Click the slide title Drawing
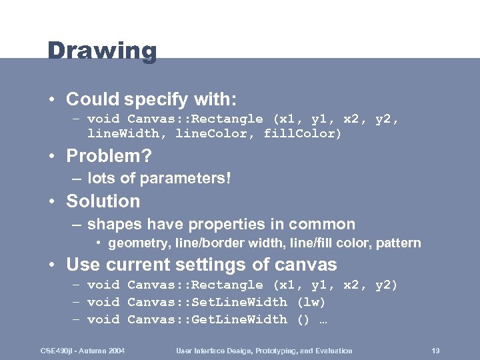pyautogui.click(x=102, y=51)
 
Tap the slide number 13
pyautogui.click(x=436, y=351)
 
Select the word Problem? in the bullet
pyautogui.click(x=109, y=157)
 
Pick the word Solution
pyautogui.click(x=103, y=201)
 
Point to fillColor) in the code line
pyautogui.click(x=303, y=134)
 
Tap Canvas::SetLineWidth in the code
pyautogui.click(x=207, y=302)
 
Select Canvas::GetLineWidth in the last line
pyautogui.click(x=207, y=319)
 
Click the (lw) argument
pyautogui.click(x=311, y=302)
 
